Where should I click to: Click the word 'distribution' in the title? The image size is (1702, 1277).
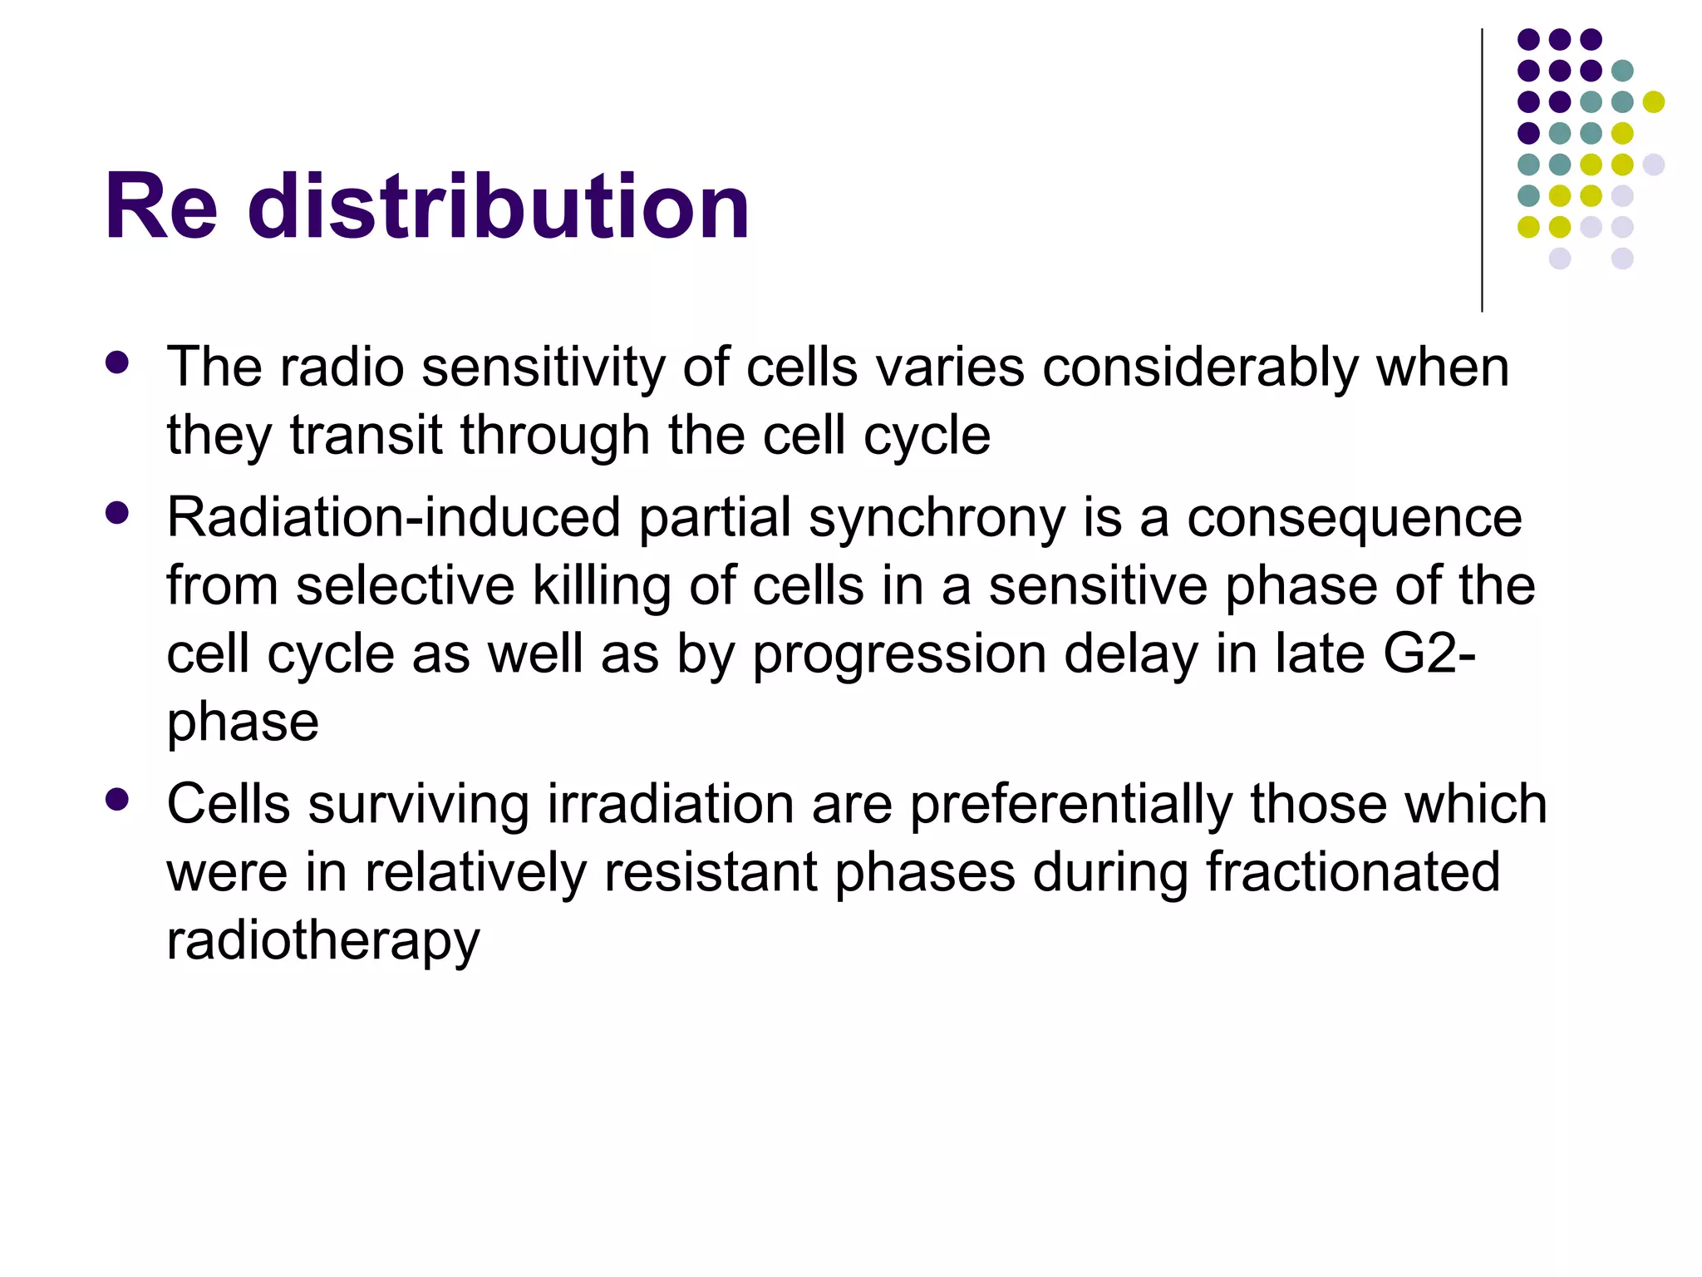pos(499,206)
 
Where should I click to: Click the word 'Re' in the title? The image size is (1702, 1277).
pos(161,206)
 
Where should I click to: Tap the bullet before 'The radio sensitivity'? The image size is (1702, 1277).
pos(118,362)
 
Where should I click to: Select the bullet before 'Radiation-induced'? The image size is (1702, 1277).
pos(118,513)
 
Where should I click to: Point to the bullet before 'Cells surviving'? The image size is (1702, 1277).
pos(118,800)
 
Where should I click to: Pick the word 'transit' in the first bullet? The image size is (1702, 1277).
pos(366,436)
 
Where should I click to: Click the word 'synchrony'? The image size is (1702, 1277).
pos(937,518)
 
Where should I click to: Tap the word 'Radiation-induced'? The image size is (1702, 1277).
pos(394,518)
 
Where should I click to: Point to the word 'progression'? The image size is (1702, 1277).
pos(899,654)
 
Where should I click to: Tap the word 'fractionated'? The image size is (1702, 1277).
pos(1352,873)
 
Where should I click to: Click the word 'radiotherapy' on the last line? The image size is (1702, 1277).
pos(323,941)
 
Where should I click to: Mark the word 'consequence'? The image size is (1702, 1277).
pos(1354,518)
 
